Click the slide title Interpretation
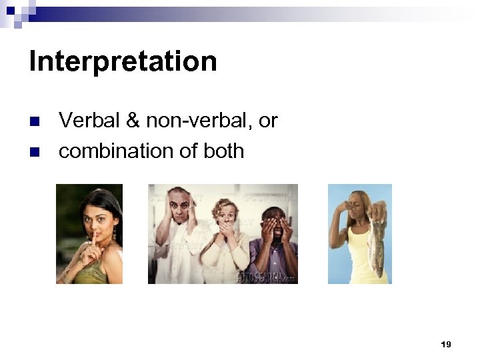pyautogui.click(x=123, y=62)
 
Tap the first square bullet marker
pyautogui.click(x=36, y=121)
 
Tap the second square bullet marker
pyautogui.click(x=36, y=152)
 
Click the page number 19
pyautogui.click(x=446, y=345)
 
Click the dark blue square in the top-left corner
pyautogui.click(x=10, y=10)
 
